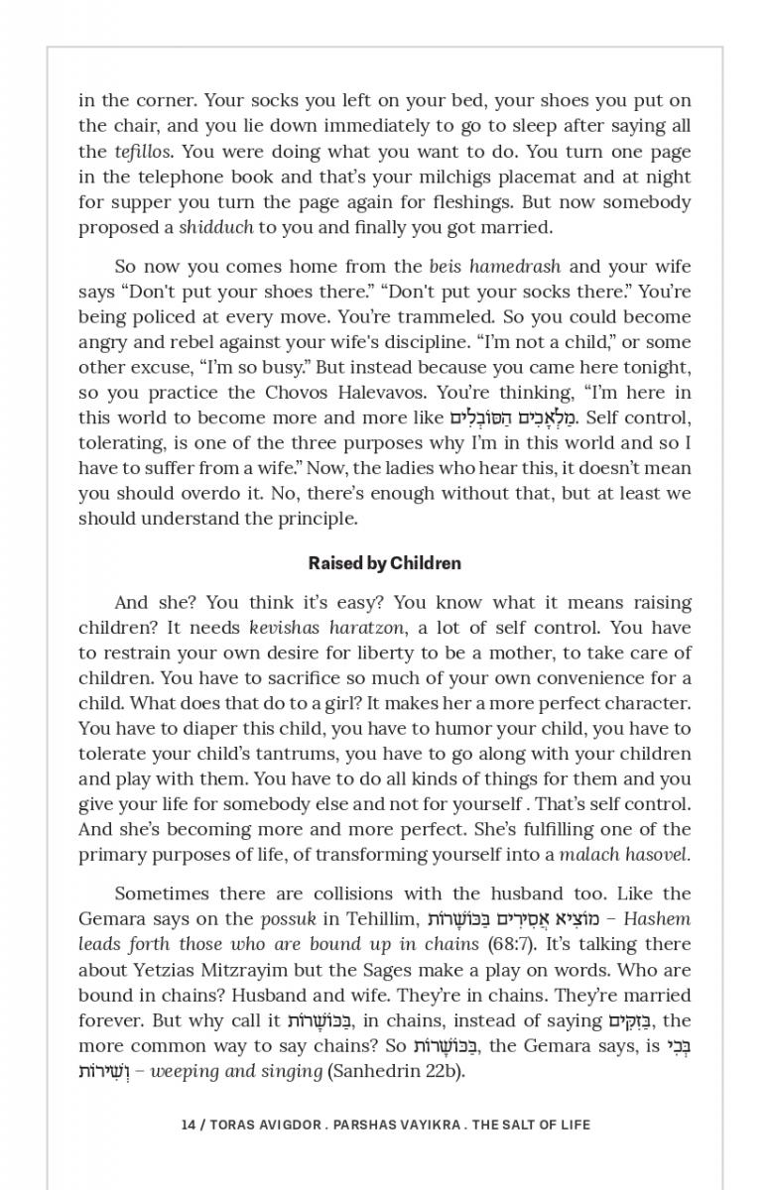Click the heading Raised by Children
point(385,563)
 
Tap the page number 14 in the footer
point(189,1125)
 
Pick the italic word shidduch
point(216,228)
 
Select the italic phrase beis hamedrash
point(494,267)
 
